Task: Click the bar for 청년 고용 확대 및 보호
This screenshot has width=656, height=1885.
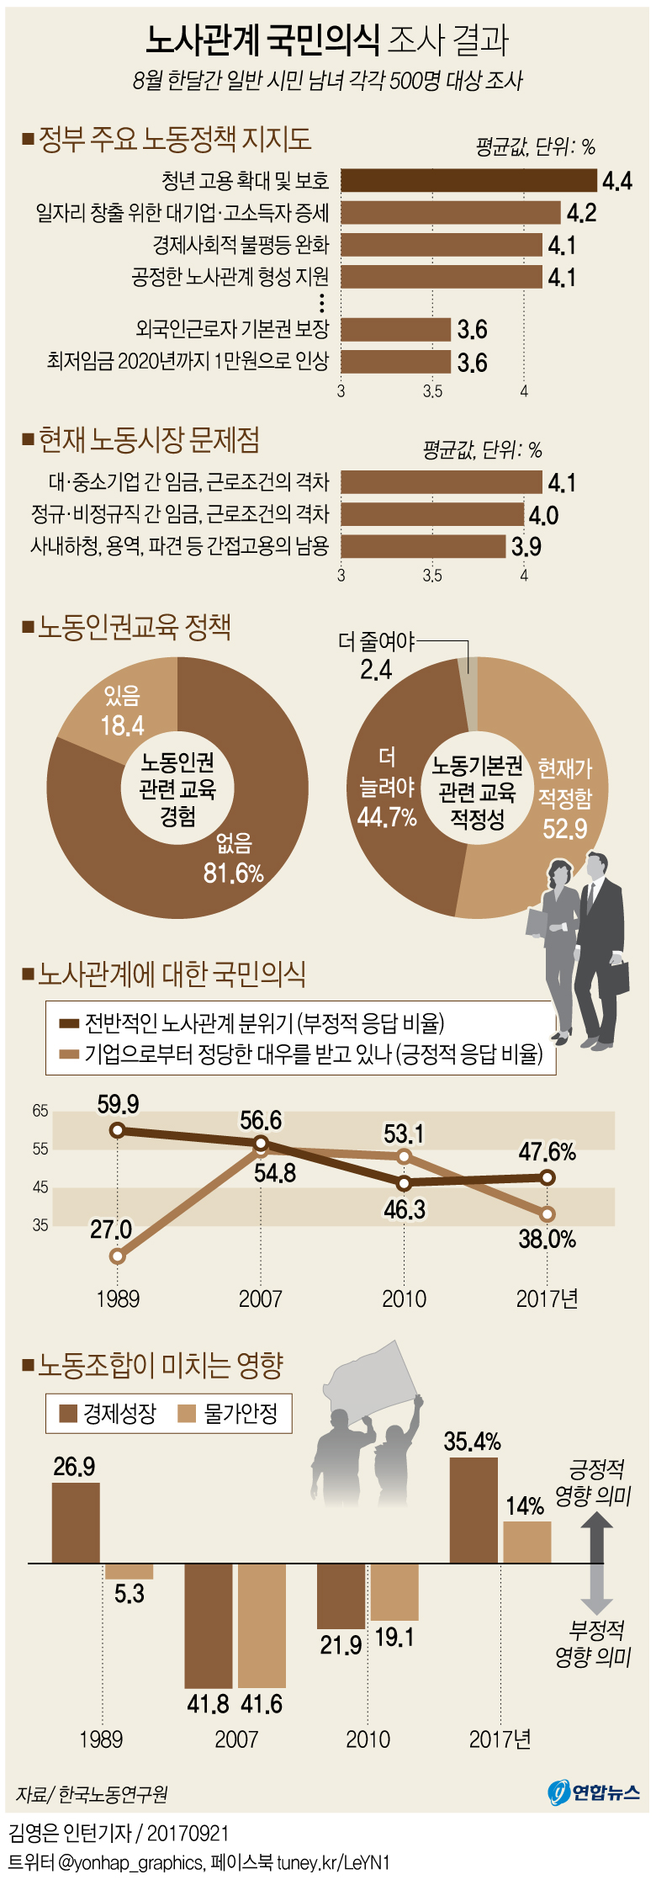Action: pyautogui.click(x=468, y=181)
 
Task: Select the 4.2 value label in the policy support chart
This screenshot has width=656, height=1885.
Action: pyautogui.click(x=581, y=213)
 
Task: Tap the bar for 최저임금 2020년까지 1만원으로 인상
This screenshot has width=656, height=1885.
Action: pyautogui.click(x=395, y=362)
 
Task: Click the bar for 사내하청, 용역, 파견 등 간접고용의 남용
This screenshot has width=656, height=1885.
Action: pyautogui.click(x=423, y=546)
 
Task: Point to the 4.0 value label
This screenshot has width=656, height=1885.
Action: pyautogui.click(x=543, y=515)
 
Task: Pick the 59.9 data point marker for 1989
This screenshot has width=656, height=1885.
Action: pyautogui.click(x=118, y=1130)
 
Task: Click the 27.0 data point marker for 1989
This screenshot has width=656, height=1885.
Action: pyautogui.click(x=118, y=1256)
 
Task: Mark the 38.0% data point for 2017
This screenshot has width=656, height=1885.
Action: pyautogui.click(x=548, y=1214)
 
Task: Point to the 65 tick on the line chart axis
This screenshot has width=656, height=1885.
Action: pyautogui.click(x=40, y=1111)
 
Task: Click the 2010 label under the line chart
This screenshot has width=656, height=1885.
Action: pyautogui.click(x=404, y=1299)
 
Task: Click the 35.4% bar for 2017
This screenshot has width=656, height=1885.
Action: pyautogui.click(x=473, y=1510)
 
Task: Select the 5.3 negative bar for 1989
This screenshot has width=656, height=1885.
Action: pyautogui.click(x=129, y=1571)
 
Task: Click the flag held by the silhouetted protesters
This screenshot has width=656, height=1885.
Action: pyautogui.click(x=374, y=1380)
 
